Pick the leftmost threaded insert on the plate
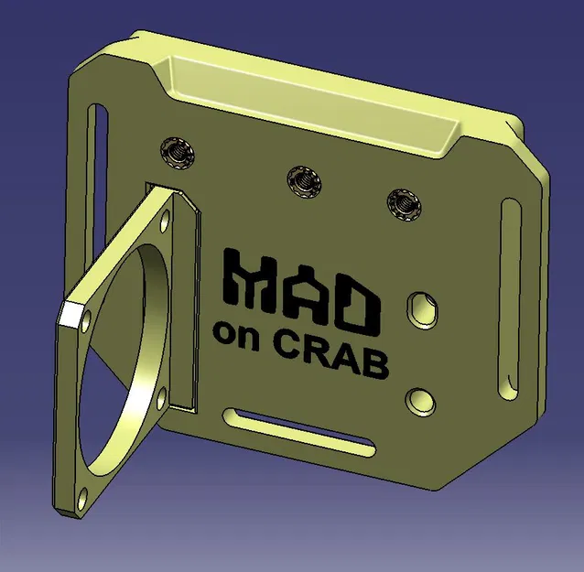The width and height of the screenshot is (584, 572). click(x=177, y=152)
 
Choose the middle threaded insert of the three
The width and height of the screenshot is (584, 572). click(x=301, y=179)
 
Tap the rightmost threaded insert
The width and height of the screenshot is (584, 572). click(x=403, y=203)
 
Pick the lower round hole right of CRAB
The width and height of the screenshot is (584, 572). click(x=419, y=399)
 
